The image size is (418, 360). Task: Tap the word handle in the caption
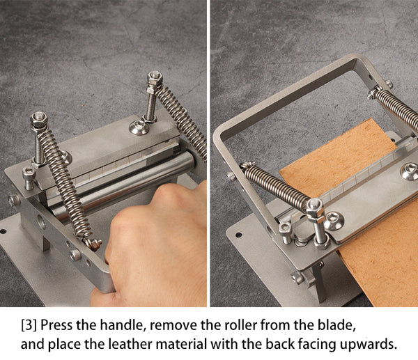[x=121, y=325]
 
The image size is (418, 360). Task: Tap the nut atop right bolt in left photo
[x=155, y=77]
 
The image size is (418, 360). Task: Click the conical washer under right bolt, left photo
[x=139, y=127]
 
